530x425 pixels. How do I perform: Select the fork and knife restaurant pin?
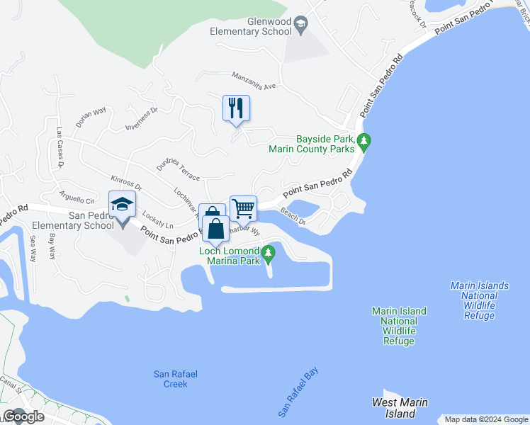point(236,108)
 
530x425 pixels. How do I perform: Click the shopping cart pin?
point(243,208)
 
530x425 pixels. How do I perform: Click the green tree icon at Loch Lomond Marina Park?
point(268,252)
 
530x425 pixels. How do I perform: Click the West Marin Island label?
point(400,408)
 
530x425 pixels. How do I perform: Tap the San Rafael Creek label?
point(171,379)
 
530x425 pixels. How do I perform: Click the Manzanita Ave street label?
point(253,80)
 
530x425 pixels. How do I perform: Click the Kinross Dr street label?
point(127,183)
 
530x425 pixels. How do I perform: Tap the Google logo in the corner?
point(23,416)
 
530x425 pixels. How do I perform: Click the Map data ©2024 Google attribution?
point(486,419)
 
